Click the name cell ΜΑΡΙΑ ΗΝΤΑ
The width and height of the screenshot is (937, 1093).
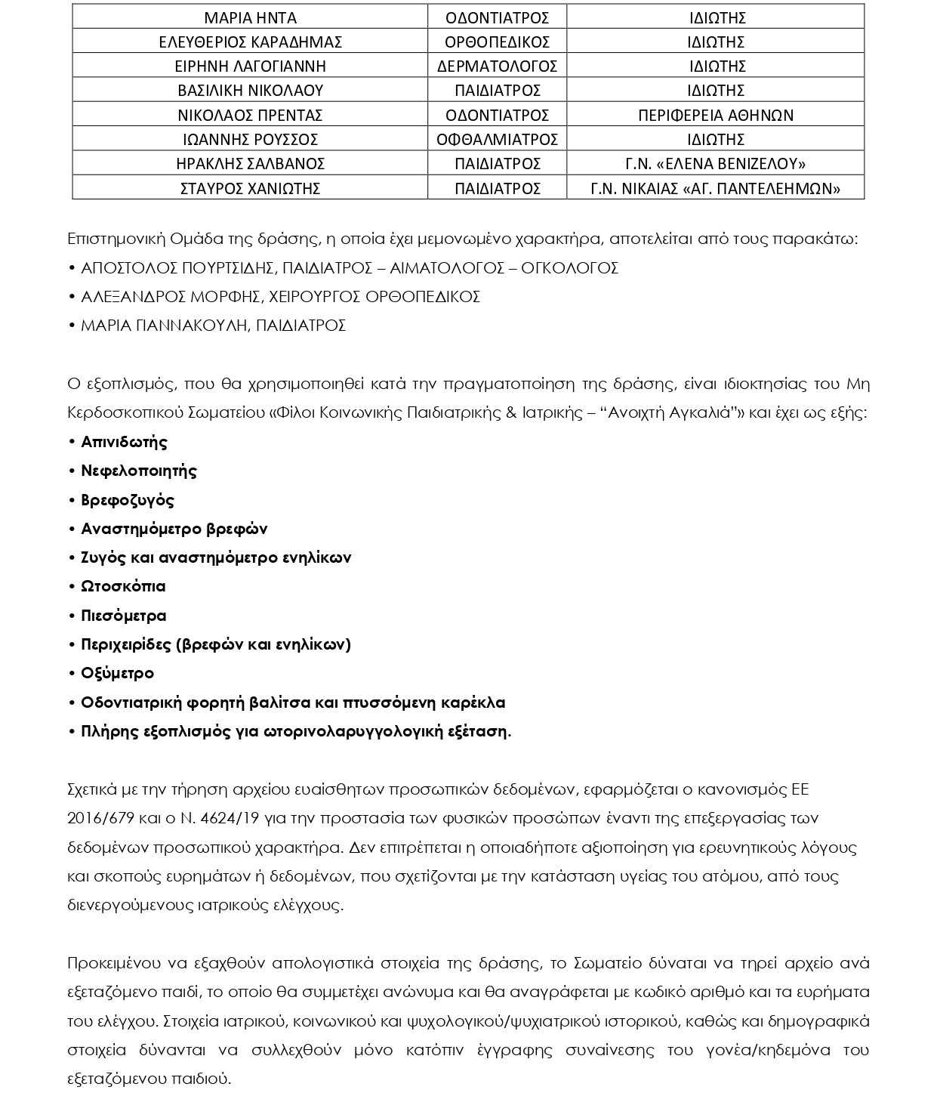[x=250, y=17]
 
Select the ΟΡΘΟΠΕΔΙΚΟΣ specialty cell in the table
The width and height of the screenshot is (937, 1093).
[x=497, y=42]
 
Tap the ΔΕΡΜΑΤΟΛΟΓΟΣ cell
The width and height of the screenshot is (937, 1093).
[x=497, y=66]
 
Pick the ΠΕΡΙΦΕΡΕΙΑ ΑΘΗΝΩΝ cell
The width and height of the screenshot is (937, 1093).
[x=715, y=115]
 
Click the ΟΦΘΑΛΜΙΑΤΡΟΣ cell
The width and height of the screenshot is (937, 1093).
[x=497, y=139]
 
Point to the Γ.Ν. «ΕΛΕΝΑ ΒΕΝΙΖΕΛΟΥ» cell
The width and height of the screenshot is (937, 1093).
[x=715, y=163]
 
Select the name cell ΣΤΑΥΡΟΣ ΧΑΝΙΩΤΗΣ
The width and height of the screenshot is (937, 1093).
[x=250, y=188]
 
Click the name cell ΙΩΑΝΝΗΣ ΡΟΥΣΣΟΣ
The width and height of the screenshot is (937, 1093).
[x=250, y=139]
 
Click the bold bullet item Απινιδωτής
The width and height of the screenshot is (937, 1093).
[x=124, y=442]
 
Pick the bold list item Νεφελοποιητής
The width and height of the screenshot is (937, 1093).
[x=138, y=471]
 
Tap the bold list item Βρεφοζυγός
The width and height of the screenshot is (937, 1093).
[x=127, y=500]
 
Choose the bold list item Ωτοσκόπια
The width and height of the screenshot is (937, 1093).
[x=123, y=586]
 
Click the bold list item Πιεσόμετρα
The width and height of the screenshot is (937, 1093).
[x=123, y=616]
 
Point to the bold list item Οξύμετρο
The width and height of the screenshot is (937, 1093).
[x=117, y=673]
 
